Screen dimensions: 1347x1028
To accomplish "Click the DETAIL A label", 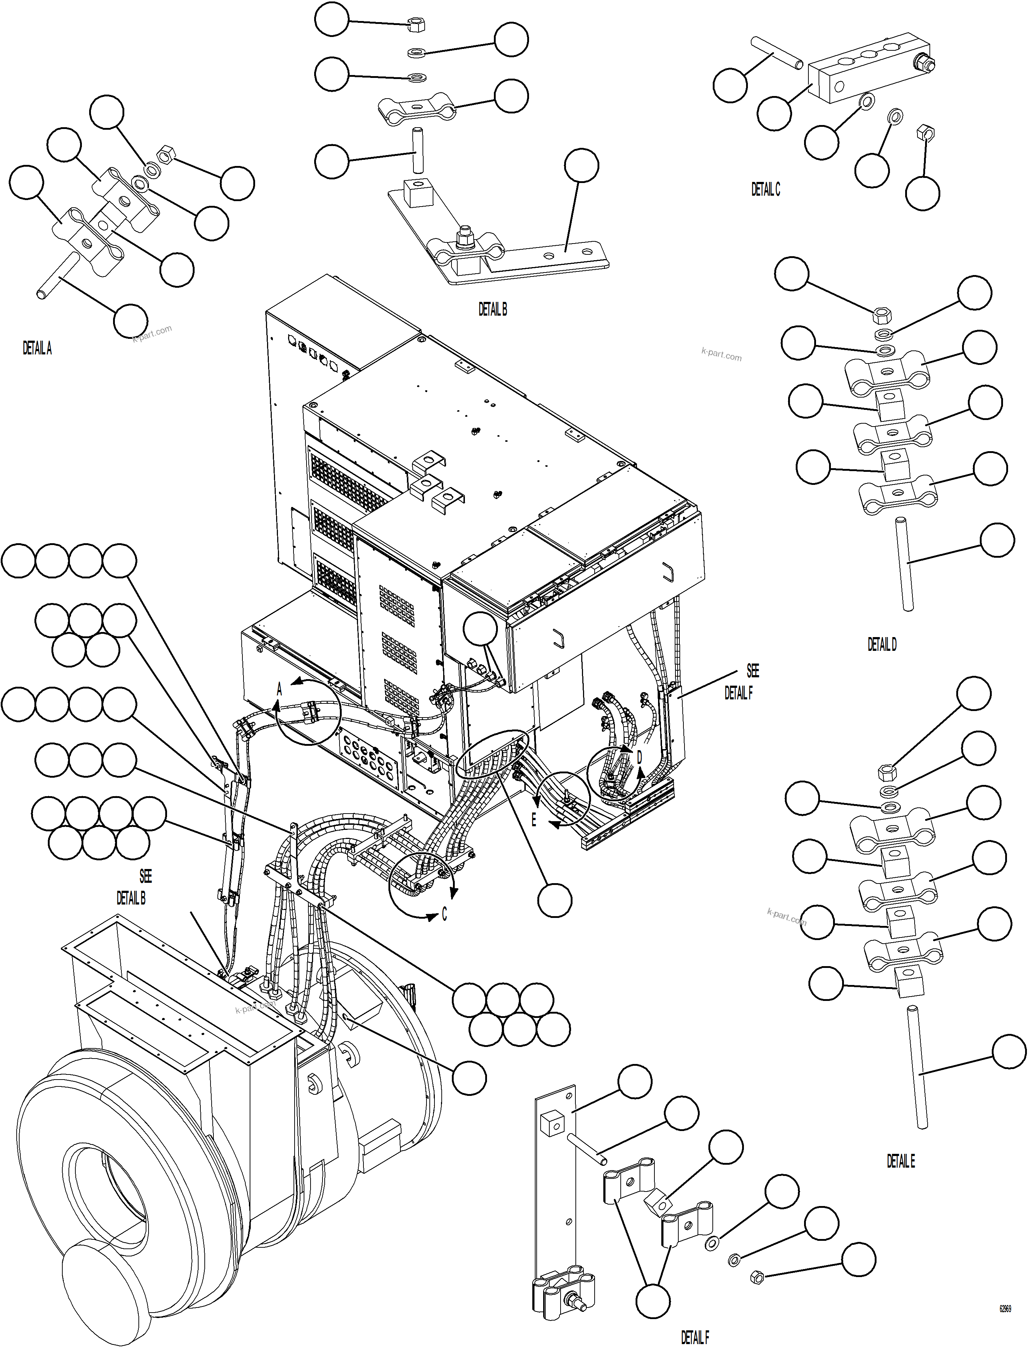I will pos(37,348).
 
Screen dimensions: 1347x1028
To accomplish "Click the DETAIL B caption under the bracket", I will pos(492,310).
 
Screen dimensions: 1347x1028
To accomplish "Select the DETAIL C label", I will pos(766,190).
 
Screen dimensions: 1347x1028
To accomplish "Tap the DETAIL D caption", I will pos(882,644).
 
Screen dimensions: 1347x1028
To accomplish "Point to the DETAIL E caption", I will pos(901,1161).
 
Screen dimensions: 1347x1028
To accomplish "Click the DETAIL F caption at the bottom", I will pos(695,1337).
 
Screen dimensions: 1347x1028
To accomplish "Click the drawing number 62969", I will pos(1005,1309).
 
